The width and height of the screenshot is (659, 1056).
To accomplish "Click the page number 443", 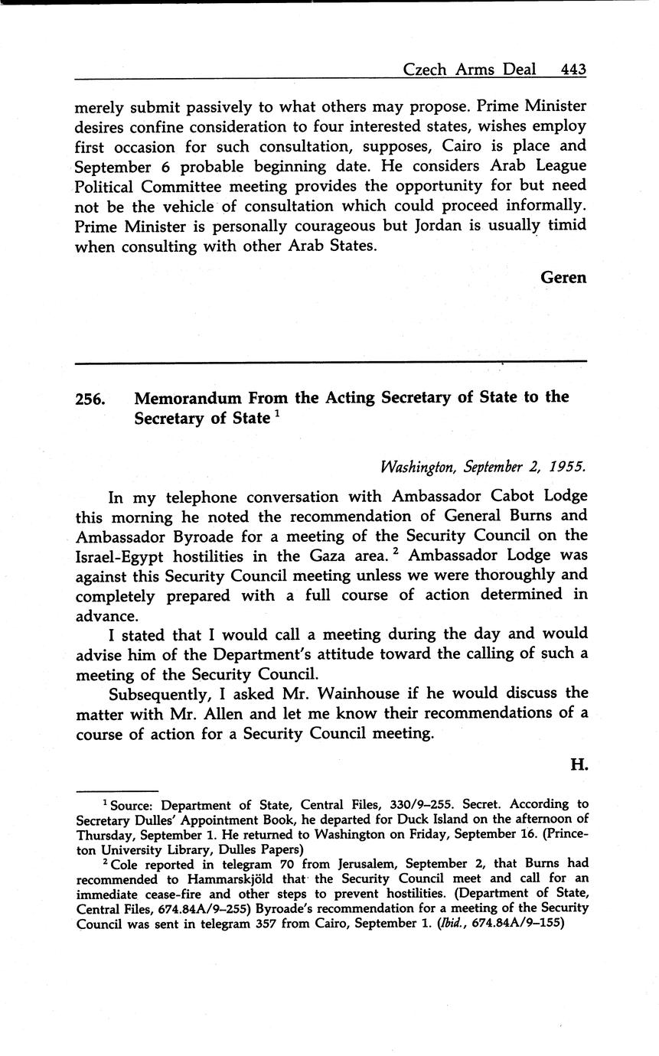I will point(573,70).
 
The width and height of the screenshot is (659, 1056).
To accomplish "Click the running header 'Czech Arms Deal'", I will point(471,70).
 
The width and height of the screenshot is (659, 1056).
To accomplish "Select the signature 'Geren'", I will point(563,277).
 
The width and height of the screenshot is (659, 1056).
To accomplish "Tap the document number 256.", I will point(90,399).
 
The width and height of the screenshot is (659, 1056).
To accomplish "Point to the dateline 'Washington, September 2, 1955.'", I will point(483,466).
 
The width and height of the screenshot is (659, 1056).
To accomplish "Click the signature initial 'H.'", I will point(579,764).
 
